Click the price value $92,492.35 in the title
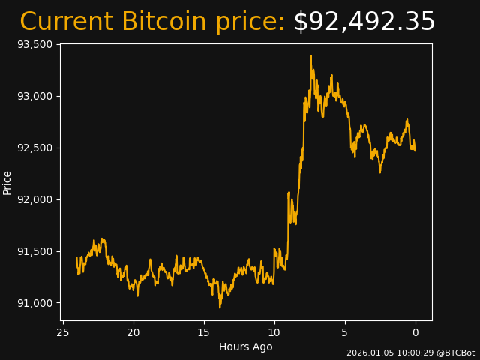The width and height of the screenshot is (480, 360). click(364, 22)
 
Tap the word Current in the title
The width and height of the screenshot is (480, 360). click(67, 22)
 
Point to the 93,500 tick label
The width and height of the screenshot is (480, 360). click(34, 44)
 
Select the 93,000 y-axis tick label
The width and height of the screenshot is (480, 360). click(34, 96)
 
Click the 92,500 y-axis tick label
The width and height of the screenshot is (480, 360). click(34, 148)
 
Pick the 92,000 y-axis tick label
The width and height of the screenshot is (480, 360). click(34, 199)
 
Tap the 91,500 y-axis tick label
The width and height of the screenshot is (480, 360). click(34, 251)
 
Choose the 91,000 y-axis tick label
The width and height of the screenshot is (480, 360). click(34, 303)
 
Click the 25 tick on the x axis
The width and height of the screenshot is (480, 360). click(63, 332)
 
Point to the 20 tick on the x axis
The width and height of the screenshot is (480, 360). click(133, 332)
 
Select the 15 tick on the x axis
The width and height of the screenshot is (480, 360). click(204, 332)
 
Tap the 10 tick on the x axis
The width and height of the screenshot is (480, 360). click(274, 332)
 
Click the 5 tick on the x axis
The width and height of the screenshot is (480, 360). click(345, 332)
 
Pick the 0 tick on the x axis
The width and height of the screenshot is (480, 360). click(415, 332)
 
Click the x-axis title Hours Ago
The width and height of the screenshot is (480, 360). click(246, 346)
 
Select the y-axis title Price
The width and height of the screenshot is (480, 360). click(7, 182)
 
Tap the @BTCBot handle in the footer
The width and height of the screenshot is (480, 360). click(455, 352)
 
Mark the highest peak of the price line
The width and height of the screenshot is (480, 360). click(310, 56)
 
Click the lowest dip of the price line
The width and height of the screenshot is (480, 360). click(220, 307)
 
